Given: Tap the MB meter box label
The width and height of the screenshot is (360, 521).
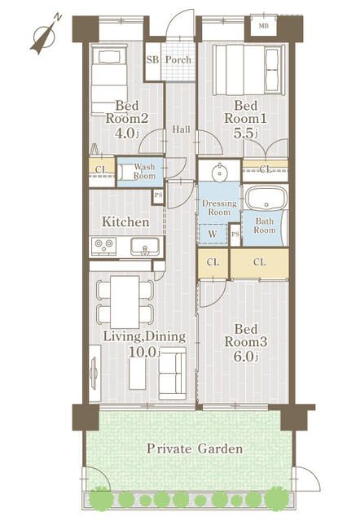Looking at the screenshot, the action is coord(264,25).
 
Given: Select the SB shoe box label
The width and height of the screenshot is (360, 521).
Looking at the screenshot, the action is coord(152,59).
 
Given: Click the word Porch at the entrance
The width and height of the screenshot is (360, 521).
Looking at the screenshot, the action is coord(178,59).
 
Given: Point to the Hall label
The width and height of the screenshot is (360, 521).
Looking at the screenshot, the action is coord(181,129).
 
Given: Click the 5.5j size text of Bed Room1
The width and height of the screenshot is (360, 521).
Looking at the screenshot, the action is coord(246,134).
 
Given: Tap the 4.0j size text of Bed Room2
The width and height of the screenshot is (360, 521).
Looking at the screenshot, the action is coord(126,134).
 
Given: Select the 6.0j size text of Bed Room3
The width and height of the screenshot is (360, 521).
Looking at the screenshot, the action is coord(246,357).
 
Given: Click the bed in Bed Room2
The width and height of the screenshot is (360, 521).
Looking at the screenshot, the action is coord(109,81).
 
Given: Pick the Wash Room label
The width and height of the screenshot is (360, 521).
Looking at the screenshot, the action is coord(144,171).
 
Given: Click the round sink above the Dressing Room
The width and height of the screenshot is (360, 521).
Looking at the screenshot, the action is coord(219,172).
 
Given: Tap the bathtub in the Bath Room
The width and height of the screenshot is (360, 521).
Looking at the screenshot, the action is coord(266,198).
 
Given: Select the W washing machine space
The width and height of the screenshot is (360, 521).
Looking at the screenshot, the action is coord(213,234).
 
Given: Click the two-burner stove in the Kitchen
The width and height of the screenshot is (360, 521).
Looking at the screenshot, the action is coord(103,246).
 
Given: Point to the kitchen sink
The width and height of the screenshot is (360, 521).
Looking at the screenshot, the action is coord(145,247).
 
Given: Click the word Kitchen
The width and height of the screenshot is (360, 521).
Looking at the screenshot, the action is coord(125,222).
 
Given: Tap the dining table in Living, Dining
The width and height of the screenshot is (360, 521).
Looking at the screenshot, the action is coord(125,302).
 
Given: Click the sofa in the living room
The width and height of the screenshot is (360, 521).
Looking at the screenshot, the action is coord(172,373).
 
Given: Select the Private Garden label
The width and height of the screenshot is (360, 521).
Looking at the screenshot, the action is coord(195,449).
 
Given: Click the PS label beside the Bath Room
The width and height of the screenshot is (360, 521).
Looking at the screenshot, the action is coord(235,234).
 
